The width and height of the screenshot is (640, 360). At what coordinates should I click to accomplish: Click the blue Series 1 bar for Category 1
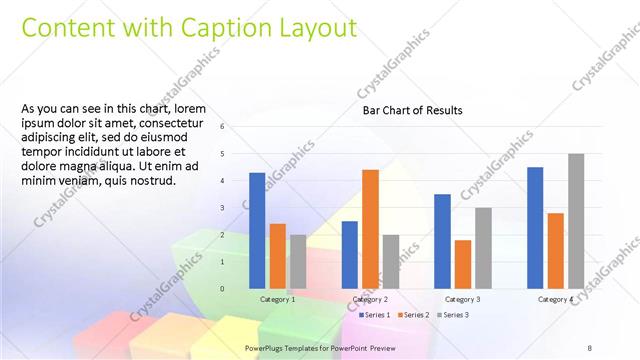coord(257,230)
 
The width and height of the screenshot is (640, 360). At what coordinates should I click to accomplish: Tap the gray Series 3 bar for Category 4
coord(576,221)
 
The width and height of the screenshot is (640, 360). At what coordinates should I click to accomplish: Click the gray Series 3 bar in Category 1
coord(298,261)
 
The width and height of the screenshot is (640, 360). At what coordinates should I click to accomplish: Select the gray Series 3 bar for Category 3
coord(483,248)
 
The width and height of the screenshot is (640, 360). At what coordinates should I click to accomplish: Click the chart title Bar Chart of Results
coord(412,111)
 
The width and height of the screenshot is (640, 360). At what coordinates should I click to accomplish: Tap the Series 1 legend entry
coord(376,315)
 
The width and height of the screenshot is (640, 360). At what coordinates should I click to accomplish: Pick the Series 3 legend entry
coord(451,315)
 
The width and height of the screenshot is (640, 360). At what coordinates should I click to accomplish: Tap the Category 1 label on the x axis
coord(277,299)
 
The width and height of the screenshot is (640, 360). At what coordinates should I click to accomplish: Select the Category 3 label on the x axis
coord(463,299)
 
